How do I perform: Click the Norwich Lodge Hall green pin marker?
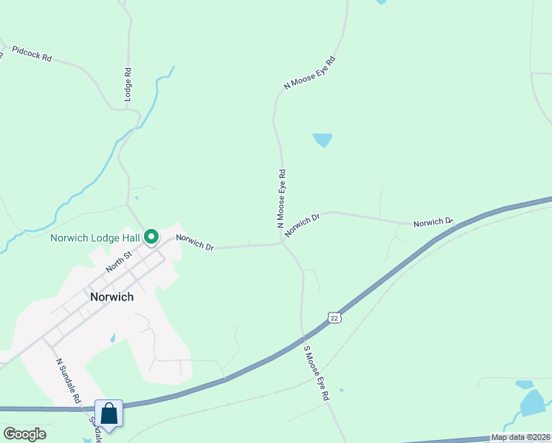[151, 237]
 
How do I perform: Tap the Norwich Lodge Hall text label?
[96, 238]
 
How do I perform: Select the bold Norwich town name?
[111, 297]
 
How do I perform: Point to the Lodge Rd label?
[128, 85]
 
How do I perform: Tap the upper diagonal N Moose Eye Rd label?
[310, 73]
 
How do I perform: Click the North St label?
[117, 261]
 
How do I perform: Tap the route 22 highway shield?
[334, 317]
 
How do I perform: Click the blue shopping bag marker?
[109, 414]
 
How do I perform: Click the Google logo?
[24, 434]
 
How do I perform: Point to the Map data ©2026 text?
[520, 437]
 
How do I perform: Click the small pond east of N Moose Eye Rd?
[322, 140]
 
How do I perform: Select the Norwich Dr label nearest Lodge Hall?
[195, 241]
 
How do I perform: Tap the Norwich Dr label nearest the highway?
[432, 221]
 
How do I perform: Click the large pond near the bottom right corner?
[533, 403]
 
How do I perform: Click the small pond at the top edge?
[381, 2]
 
